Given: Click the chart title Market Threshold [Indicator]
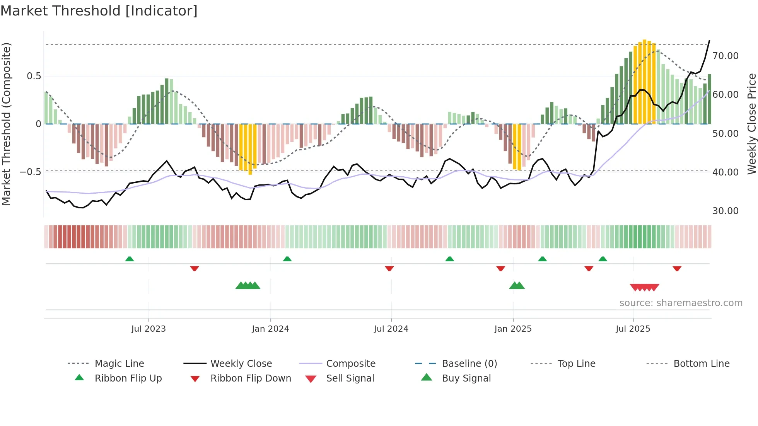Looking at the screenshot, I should coord(99,11).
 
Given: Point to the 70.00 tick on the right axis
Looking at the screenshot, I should coord(725,56).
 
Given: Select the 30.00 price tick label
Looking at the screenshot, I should coord(725,211).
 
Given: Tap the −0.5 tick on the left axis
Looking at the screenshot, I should coord(31,172).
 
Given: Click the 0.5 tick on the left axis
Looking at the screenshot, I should coord(34,76).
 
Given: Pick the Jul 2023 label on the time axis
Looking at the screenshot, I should coord(149,329).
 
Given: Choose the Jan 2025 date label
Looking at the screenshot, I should coord(513,329).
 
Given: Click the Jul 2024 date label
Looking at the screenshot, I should coord(391,329).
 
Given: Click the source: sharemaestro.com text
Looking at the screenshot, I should coord(681,303).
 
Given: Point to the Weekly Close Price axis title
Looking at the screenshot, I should coord(751,124).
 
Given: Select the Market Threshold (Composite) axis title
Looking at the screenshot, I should coord(6,124).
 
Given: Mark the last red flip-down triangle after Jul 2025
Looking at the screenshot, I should coord(677,268).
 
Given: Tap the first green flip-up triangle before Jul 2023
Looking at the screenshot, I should coord(130,259).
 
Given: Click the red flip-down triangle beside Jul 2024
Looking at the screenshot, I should coord(389,268).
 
